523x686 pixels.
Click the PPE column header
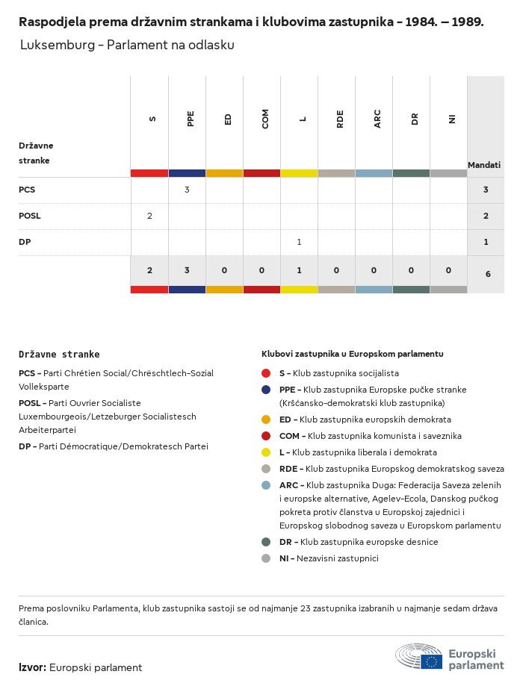pos(190,119)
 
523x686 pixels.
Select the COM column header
pos(265,119)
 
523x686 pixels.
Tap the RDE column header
pos(340,119)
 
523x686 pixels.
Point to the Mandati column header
pos(484,165)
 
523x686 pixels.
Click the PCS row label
pos(27,190)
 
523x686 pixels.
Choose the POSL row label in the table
pos(29,216)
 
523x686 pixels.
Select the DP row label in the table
pos(25,242)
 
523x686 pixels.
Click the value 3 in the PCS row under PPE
pos(187,190)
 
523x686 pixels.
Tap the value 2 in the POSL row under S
pos(150,216)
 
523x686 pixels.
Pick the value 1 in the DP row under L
pos(299,242)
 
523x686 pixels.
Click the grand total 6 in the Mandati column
pos(488,274)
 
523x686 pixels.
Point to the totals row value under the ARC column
pos(374,270)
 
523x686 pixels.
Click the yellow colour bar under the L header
pos(299,173)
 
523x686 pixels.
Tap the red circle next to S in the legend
pos(266,373)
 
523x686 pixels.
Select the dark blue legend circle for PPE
pos(266,390)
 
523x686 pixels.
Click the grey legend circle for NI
pos(266,558)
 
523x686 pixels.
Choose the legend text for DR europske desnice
pos(359,542)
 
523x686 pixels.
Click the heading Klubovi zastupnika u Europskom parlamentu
pos(353,354)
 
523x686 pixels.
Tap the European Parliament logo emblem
pos(419,656)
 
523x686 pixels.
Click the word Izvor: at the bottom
pos(32,667)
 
